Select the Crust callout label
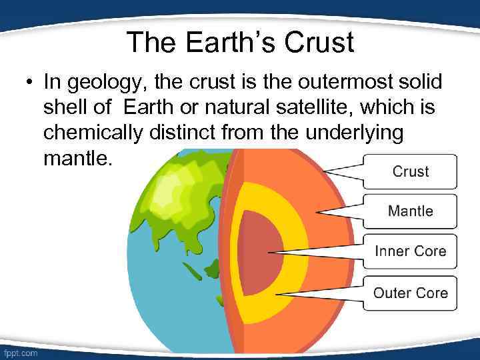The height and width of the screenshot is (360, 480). (410, 171)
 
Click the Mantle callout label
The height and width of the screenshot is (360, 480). (410, 211)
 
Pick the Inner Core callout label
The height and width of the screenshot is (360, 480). (410, 251)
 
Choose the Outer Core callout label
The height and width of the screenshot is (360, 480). (410, 293)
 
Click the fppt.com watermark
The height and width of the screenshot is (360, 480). (21, 351)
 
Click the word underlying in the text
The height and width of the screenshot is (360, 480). (354, 133)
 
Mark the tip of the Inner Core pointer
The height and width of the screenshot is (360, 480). (267, 253)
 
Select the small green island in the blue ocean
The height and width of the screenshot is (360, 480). (193, 271)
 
